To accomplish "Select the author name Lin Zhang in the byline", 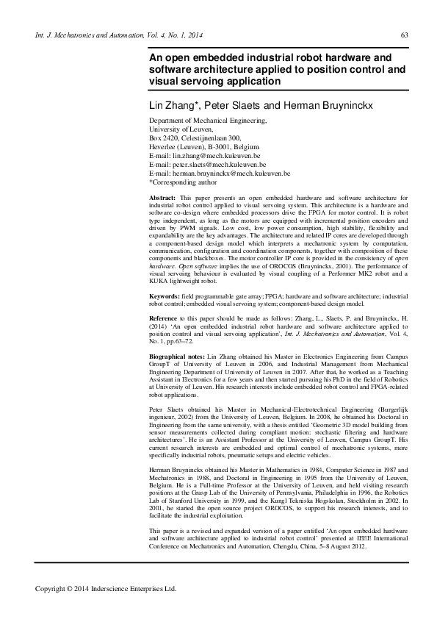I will pos(173,105).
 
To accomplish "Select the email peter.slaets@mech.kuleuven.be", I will pos(219,165).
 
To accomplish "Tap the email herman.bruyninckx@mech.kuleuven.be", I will pos(231,173).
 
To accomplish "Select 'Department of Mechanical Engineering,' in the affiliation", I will pos(208,121).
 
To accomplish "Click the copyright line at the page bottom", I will pos(106,588).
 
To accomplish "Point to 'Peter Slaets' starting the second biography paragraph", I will pos(167,408).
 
